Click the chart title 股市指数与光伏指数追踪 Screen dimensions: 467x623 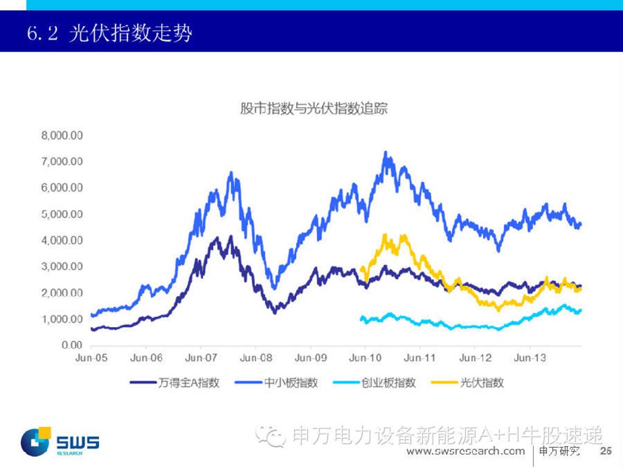[x=313, y=109]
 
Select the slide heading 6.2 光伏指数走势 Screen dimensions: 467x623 [x=110, y=33]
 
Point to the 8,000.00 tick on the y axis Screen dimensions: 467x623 [x=61, y=135]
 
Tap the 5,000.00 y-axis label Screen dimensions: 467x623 [x=61, y=214]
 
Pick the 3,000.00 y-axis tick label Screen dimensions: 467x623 [x=61, y=266]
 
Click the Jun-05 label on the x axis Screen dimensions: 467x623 [x=91, y=358]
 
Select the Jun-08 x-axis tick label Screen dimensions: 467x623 [x=256, y=358]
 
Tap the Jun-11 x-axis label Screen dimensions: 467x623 [x=420, y=358]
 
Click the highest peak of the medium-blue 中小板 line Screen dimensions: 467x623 [x=385, y=152]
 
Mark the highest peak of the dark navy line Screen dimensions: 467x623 [x=230, y=237]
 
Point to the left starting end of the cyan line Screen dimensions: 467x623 [x=361, y=317]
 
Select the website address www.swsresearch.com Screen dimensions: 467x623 [x=465, y=451]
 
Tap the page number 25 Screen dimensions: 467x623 [x=605, y=451]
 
